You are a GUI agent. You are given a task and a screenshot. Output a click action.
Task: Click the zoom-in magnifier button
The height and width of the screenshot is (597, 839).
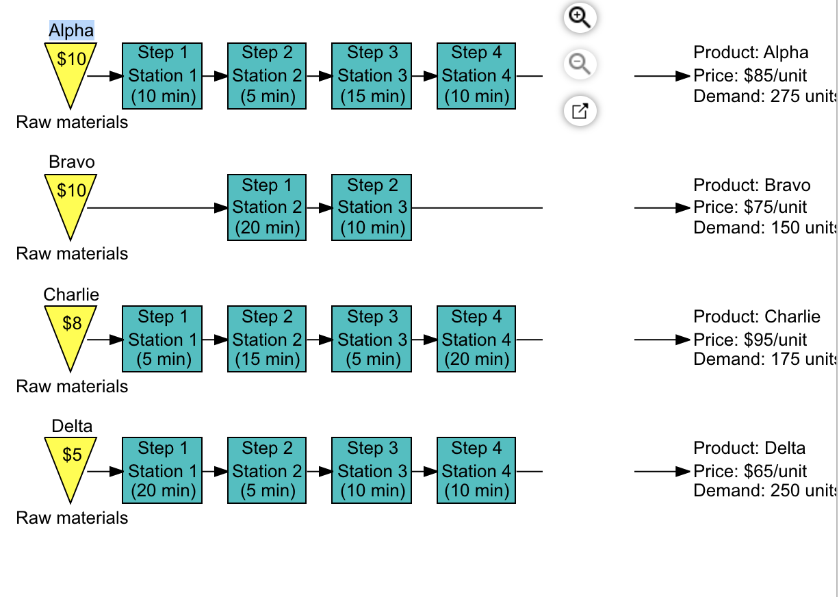(x=580, y=18)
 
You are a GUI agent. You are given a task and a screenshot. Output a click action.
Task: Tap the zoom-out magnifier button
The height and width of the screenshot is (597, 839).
(x=580, y=64)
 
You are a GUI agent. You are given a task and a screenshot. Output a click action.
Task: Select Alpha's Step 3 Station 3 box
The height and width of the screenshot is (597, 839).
(x=372, y=76)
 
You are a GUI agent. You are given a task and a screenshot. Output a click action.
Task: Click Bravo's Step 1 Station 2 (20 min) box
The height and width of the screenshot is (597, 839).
(x=267, y=207)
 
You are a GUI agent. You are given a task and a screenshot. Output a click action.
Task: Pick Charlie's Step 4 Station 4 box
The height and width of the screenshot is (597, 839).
(x=476, y=339)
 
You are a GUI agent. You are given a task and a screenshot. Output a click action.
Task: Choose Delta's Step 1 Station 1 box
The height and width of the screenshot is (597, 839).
(x=162, y=470)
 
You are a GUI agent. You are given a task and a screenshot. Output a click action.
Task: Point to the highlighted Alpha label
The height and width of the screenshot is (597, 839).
(x=71, y=30)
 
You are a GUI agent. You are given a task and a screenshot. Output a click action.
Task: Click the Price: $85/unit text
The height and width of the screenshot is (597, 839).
(x=750, y=76)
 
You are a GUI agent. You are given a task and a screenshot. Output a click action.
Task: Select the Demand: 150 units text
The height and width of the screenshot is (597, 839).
(x=765, y=227)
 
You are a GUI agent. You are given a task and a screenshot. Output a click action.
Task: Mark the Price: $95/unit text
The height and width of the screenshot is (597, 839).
(x=750, y=340)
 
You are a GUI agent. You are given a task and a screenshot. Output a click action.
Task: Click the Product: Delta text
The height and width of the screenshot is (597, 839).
(x=749, y=448)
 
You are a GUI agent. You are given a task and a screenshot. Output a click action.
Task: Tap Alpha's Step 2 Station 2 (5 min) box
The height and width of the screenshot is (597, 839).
(x=267, y=76)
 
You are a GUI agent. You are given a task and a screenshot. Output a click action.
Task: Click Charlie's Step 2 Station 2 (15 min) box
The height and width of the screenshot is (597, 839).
(x=267, y=339)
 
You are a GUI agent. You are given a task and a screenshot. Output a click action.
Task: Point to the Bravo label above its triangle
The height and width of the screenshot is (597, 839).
(x=72, y=162)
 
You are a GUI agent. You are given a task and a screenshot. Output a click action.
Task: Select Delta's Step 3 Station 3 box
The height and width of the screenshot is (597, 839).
(x=372, y=470)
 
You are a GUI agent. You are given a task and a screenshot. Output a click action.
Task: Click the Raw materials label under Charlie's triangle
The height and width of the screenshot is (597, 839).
(x=72, y=386)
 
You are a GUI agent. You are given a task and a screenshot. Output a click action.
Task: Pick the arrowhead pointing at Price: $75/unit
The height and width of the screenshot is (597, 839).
(x=682, y=207)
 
